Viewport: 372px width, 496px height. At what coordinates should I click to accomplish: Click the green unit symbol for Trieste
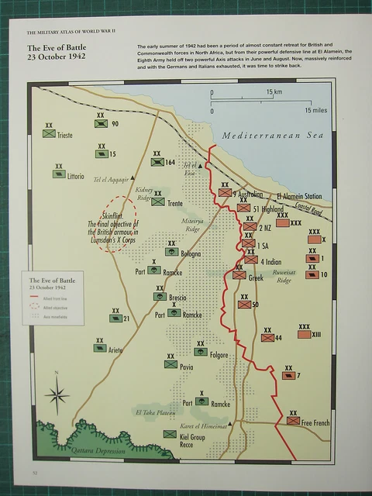49,134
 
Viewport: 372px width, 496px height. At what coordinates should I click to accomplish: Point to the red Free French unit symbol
293,421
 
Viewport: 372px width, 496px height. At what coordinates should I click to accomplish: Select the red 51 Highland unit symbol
243,208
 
